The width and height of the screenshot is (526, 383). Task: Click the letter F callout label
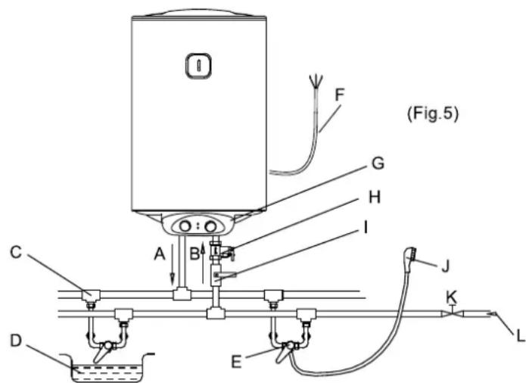coord(340,95)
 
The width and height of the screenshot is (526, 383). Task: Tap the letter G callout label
coord(378,163)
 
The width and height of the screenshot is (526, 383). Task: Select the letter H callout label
coord(375,197)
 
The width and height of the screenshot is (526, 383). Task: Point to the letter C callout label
coord(16,252)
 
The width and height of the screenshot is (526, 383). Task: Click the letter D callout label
coord(16,341)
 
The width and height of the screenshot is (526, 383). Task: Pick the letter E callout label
coord(236,363)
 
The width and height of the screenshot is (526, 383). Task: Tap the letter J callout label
coord(445,267)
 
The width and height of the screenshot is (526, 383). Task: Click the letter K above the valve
coord(452,297)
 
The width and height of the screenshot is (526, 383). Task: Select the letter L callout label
coord(520,336)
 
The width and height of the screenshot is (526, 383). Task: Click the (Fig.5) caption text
coord(433,114)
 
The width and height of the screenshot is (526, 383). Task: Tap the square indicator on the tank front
coord(198,65)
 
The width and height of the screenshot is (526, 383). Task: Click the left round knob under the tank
coord(185,226)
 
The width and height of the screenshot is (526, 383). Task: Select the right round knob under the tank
coord(211,227)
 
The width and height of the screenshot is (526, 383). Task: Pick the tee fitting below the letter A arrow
coord(182,294)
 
